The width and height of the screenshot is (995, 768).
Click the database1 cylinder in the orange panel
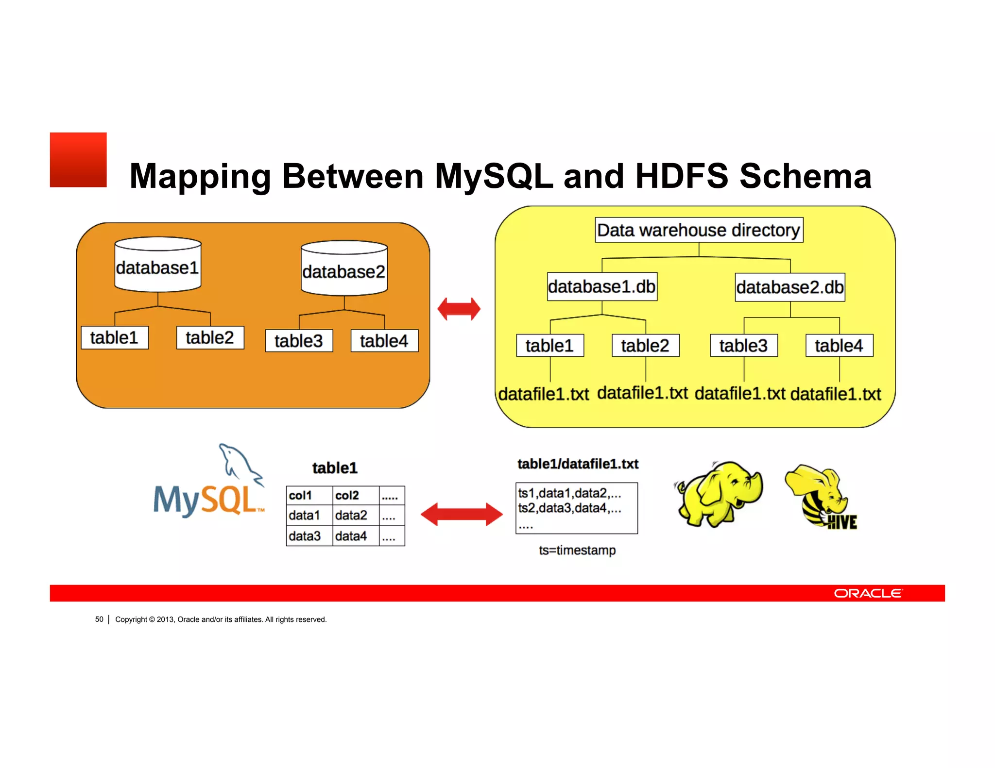coord(158,265)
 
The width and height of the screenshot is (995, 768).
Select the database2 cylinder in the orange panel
coord(344,268)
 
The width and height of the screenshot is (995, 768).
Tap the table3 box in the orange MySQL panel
coord(299,341)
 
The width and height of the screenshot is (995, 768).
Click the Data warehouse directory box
coord(699,230)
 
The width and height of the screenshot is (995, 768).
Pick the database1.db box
coord(602,286)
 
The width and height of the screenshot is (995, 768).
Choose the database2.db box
coord(789,287)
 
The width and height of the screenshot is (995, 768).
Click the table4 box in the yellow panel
coord(839,346)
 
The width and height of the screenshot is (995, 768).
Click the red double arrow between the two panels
coord(459,309)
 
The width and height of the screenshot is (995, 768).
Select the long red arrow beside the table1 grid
coord(462,515)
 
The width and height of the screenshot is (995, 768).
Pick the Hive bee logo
coord(821,498)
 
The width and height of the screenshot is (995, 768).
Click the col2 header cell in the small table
coord(356,496)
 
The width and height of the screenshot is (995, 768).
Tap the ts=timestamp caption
coord(577,551)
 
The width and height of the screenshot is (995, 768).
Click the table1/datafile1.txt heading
coord(578,464)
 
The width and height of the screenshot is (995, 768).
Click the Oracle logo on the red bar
coord(868,593)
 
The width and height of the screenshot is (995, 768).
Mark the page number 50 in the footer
coord(99,619)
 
